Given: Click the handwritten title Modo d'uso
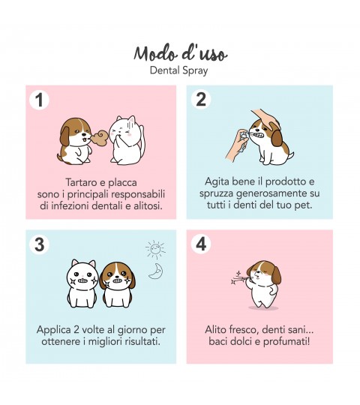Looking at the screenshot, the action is coord(181,53).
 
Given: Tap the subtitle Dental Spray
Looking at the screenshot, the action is coord(179,70).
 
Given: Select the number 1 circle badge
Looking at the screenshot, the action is coord(39,100).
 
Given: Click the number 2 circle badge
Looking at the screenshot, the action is coord(201,100).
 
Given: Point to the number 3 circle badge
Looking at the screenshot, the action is coord(39,244).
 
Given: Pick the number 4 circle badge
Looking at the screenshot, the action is coord(201,244).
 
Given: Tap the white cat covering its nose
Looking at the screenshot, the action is coord(126,140).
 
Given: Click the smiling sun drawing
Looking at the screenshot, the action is coord(155,250).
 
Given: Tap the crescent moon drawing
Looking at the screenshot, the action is coord(156,271).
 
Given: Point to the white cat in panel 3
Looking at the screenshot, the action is coord(82,283).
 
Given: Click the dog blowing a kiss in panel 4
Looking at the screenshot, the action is coord(263,284).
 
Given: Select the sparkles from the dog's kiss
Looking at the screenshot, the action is coord(238,278).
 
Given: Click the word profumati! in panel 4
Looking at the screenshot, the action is coord(286,342).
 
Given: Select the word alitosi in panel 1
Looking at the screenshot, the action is coord(148,205).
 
